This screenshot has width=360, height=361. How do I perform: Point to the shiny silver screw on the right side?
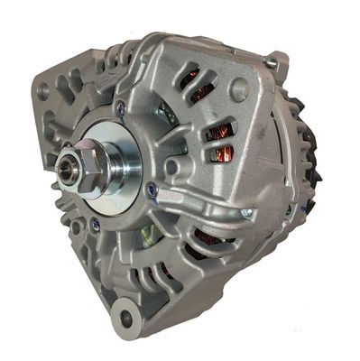(x=245, y=212)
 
